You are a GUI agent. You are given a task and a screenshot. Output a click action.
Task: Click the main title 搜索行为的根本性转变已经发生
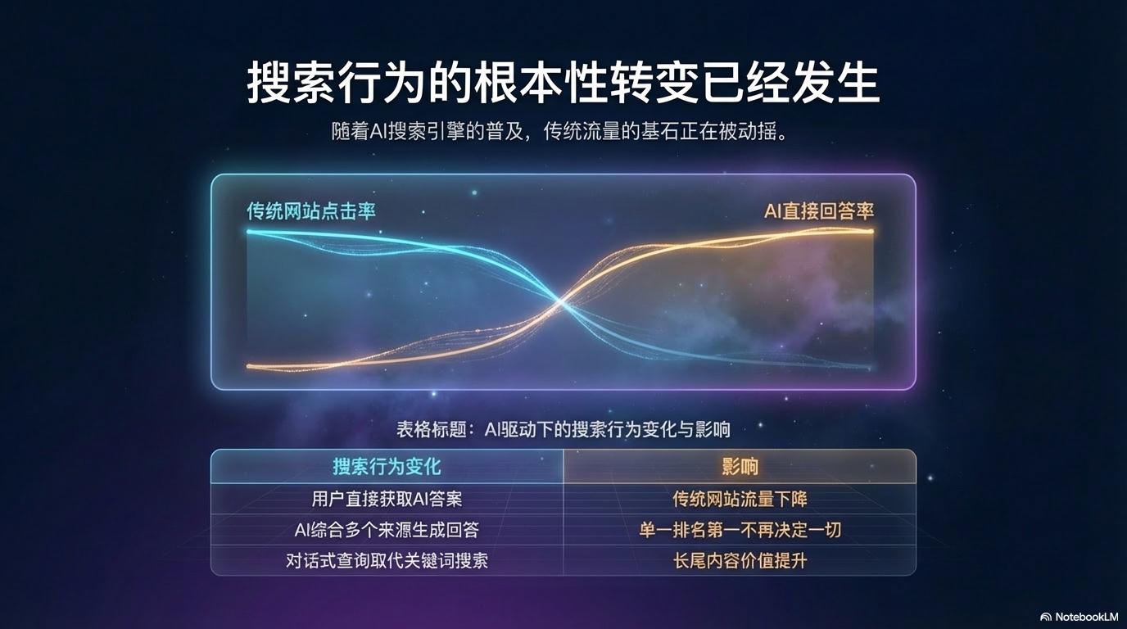click(x=563, y=83)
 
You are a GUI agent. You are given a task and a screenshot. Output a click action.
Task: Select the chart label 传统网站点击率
click(x=311, y=211)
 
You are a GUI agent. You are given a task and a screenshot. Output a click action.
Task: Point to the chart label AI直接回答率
click(x=819, y=211)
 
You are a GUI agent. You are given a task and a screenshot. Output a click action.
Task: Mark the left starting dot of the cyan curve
click(x=249, y=232)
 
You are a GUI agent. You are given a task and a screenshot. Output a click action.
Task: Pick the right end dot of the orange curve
click(x=871, y=231)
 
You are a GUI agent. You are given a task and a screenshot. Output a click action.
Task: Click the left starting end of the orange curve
click(x=249, y=366)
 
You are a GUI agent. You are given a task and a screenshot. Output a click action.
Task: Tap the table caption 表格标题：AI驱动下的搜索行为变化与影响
click(x=563, y=428)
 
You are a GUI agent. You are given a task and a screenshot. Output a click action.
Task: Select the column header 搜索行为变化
click(x=387, y=467)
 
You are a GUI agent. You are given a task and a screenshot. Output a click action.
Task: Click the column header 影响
click(x=740, y=467)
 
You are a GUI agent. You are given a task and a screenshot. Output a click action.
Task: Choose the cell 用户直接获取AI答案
click(x=387, y=498)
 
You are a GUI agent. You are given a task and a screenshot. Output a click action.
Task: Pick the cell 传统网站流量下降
click(x=740, y=498)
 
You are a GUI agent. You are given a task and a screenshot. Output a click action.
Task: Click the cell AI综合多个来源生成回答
click(x=387, y=530)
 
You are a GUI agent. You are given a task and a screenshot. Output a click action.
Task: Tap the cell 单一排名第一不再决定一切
click(x=740, y=530)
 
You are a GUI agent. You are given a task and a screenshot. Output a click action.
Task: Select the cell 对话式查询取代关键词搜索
click(x=387, y=561)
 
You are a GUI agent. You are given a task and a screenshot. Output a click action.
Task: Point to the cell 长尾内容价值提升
click(x=740, y=561)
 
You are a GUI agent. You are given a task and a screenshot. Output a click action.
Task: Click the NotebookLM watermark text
click(x=1086, y=617)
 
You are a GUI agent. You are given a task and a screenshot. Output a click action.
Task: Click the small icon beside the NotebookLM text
click(x=1046, y=617)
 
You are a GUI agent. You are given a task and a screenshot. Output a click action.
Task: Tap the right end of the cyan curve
click(x=870, y=367)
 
